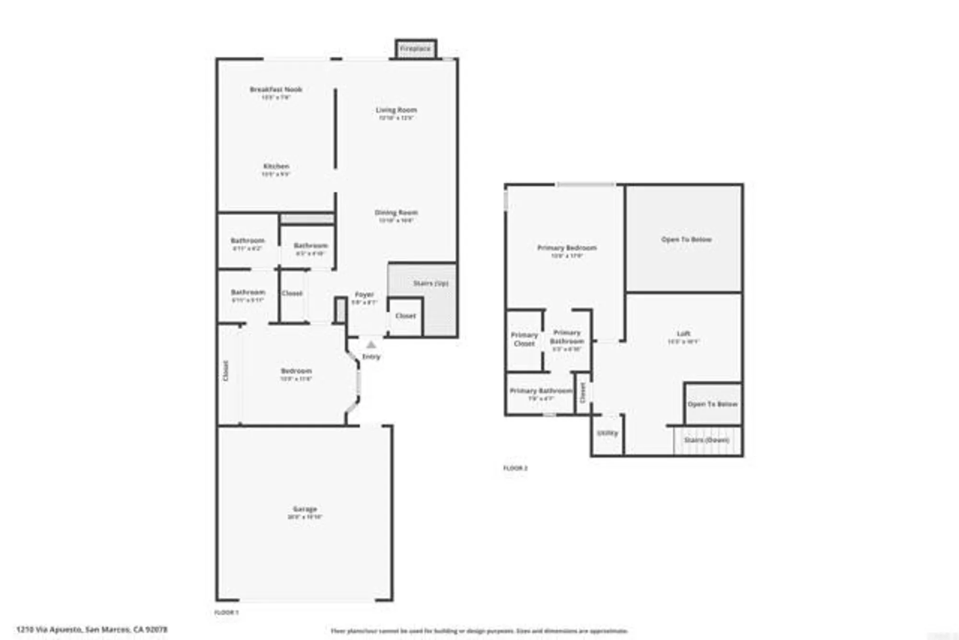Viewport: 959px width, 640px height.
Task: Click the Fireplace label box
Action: tap(416, 49)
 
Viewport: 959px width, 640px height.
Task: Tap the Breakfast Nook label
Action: tap(276, 90)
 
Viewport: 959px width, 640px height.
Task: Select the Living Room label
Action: tap(396, 110)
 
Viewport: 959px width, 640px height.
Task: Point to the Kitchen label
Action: tap(276, 166)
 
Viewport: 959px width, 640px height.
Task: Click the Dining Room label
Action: tap(396, 213)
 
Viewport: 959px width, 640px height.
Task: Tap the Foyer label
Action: tap(364, 295)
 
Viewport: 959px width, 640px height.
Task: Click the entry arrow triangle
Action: tap(371, 344)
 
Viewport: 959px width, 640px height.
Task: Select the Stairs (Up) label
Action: tap(431, 284)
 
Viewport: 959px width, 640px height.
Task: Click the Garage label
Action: tap(305, 509)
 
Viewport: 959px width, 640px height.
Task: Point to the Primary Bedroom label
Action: tap(567, 248)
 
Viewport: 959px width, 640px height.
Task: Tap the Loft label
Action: tap(684, 333)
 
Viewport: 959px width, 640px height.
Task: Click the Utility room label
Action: tap(608, 433)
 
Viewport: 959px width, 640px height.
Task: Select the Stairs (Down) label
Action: tap(706, 440)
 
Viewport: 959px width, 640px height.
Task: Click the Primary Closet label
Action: tap(524, 339)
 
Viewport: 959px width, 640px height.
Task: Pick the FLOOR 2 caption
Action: tap(515, 468)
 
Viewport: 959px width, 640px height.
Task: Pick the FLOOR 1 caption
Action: tap(226, 613)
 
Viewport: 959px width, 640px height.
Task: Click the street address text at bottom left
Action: tap(92, 629)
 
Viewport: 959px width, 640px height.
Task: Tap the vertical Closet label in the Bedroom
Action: tap(226, 371)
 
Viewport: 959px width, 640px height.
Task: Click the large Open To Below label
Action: tap(686, 239)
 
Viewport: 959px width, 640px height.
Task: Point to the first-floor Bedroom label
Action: tap(296, 371)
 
